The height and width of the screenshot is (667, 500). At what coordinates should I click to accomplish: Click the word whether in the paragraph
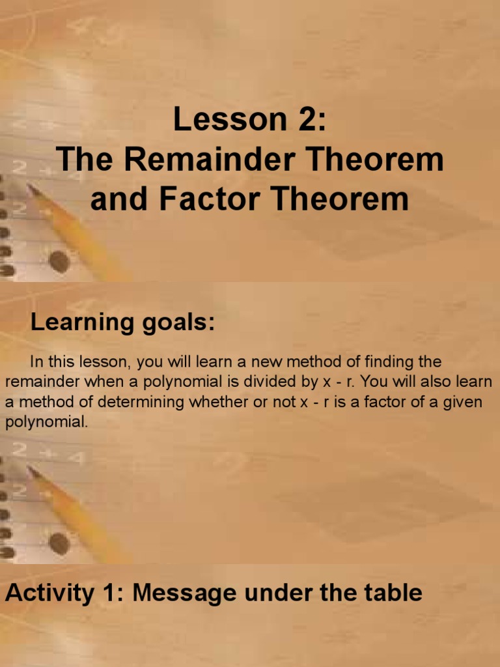[x=218, y=402]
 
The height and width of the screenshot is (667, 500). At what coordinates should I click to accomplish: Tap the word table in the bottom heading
[x=391, y=593]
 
